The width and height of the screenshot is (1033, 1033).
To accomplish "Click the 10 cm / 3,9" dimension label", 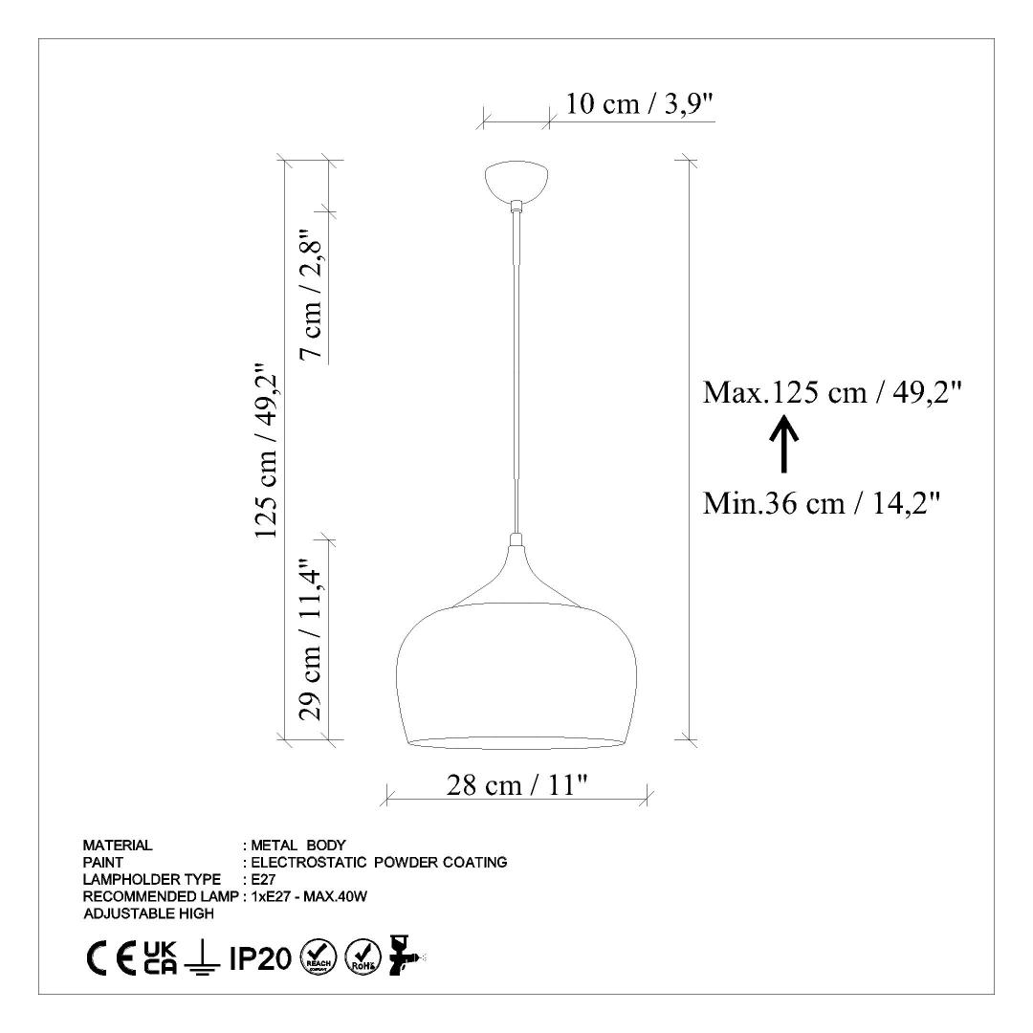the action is click(x=640, y=103).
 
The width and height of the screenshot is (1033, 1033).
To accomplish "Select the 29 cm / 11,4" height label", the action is click(x=311, y=640).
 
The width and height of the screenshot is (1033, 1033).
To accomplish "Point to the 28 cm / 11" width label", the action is click(x=516, y=784).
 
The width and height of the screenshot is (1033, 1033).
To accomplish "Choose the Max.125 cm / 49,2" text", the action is click(x=833, y=393).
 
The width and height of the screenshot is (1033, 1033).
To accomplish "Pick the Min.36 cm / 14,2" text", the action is click(x=821, y=504).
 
